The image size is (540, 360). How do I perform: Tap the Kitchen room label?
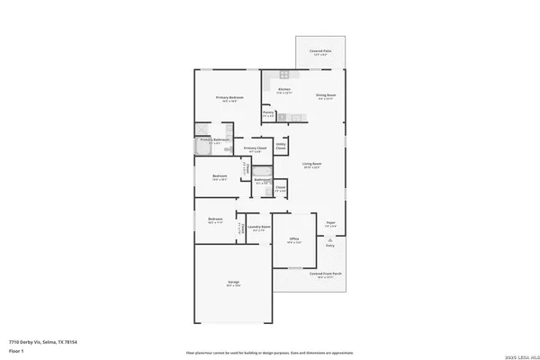pyautogui.click(x=284, y=90)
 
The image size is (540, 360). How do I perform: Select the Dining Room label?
pyautogui.click(x=325, y=95)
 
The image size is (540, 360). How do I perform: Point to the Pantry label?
pyautogui.click(x=268, y=112)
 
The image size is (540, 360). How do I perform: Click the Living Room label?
pyautogui.click(x=312, y=166)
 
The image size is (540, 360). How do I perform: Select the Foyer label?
pyautogui.click(x=331, y=224)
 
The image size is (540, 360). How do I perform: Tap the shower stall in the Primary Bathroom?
pyautogui.click(x=199, y=139)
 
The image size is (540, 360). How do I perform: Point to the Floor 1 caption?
pyautogui.click(x=17, y=350)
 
